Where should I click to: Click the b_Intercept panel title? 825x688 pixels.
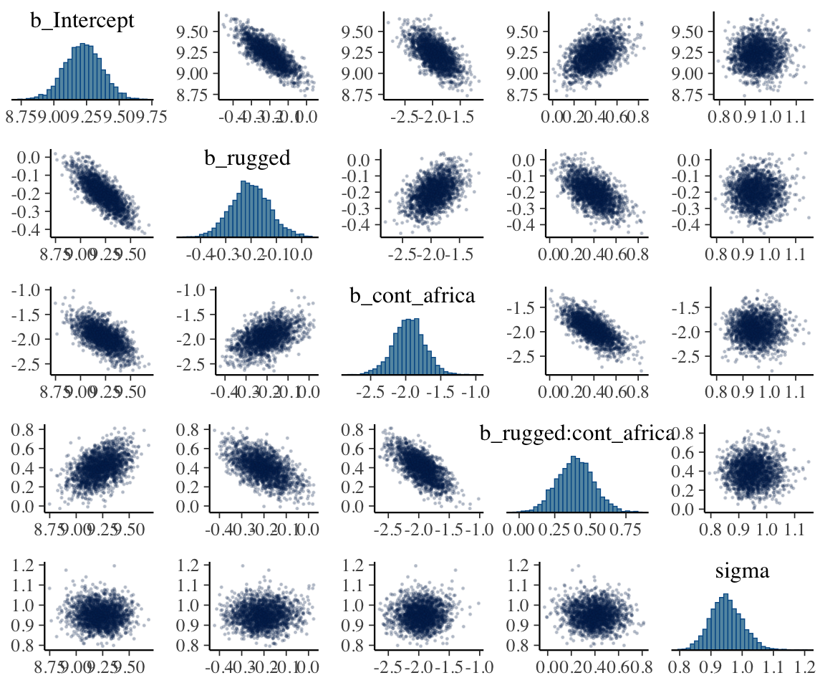point(82,21)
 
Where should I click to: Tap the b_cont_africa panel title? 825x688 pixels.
point(412,295)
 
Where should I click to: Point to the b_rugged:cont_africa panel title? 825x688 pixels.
point(576,433)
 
